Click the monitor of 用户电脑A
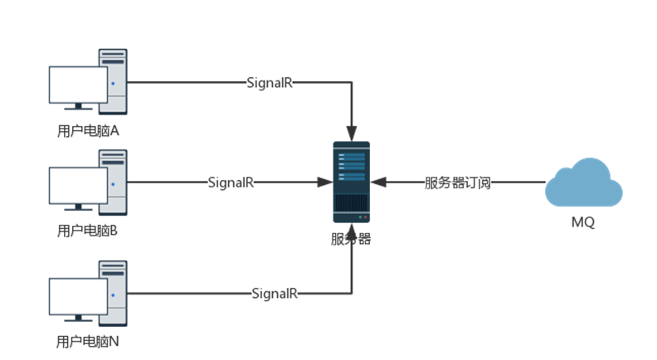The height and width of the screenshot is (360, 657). click(x=77, y=85)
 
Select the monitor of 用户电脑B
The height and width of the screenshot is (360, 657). click(x=77, y=186)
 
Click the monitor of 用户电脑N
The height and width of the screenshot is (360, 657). click(x=77, y=297)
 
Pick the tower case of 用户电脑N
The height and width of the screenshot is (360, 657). click(x=114, y=291)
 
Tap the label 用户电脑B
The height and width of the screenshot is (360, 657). click(x=87, y=231)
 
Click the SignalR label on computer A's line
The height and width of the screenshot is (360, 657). click(x=270, y=83)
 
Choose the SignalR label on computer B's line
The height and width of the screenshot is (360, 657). click(x=231, y=182)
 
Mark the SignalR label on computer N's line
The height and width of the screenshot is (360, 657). click(x=275, y=294)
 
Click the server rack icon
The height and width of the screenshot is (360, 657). click(x=351, y=182)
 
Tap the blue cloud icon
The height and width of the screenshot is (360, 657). click(x=583, y=183)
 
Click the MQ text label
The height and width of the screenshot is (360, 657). click(x=582, y=224)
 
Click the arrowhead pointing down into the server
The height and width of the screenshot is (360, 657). click(x=352, y=133)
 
